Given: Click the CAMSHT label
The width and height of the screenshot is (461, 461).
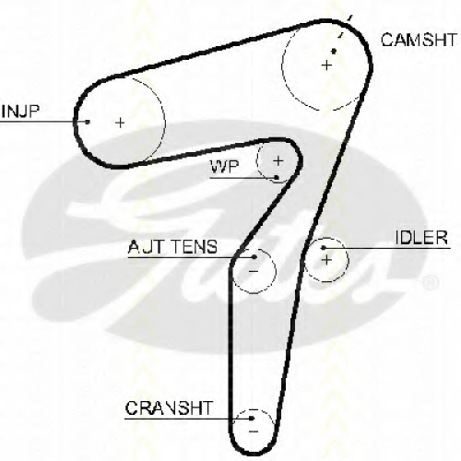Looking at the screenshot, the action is coord(419,40).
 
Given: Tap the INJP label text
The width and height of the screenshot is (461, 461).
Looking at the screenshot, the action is coord(20,112).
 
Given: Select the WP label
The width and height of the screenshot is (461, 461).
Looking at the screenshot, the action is coord(224,168).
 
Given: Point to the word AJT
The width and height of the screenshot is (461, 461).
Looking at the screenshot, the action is coord(145,247).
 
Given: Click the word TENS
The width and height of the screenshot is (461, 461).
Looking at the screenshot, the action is coord(194,247).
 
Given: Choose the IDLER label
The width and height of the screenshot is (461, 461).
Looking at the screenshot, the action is coord(421,237).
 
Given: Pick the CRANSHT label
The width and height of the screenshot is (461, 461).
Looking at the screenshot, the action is coord(169,408).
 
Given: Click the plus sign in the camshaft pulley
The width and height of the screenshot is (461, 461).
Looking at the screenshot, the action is coord(326,65).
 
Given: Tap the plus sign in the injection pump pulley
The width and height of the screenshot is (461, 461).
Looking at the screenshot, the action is coord(120,123).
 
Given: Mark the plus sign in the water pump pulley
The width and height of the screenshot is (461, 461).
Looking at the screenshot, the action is coord(278,160).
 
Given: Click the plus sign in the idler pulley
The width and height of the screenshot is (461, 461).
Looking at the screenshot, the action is coord(326,260).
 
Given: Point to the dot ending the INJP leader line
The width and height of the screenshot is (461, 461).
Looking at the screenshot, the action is coord(88,122).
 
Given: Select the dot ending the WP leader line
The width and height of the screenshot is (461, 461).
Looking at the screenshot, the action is coord(277,177).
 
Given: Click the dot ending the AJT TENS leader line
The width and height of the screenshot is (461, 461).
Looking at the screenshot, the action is coord(254,256).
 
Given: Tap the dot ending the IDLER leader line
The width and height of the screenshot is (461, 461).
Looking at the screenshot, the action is coord(323,248).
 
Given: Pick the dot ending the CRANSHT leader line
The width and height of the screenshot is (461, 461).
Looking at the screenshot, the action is coord(252,419).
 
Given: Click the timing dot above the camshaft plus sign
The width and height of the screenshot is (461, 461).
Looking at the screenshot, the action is coord(334,51).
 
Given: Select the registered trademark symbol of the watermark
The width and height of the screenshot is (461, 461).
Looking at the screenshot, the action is coord(431,283).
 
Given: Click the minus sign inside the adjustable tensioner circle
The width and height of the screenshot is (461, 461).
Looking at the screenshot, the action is coord(254,271).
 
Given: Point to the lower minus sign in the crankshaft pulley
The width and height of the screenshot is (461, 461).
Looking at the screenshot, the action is coord(254,431).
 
